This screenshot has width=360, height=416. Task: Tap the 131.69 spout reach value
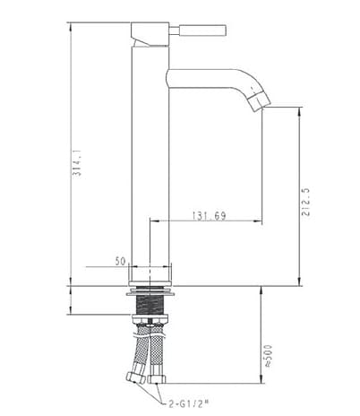pyautogui.click(x=207, y=215)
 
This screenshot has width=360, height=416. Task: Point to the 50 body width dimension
pyautogui.click(x=120, y=261)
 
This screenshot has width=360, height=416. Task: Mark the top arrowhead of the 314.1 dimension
pyautogui.click(x=71, y=23)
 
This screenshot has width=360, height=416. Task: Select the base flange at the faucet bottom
pyautogui.click(x=150, y=290)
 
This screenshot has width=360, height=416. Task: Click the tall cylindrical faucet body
pyautogui.click(x=150, y=161)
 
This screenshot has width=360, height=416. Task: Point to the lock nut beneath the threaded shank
pyautogui.click(x=150, y=318)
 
